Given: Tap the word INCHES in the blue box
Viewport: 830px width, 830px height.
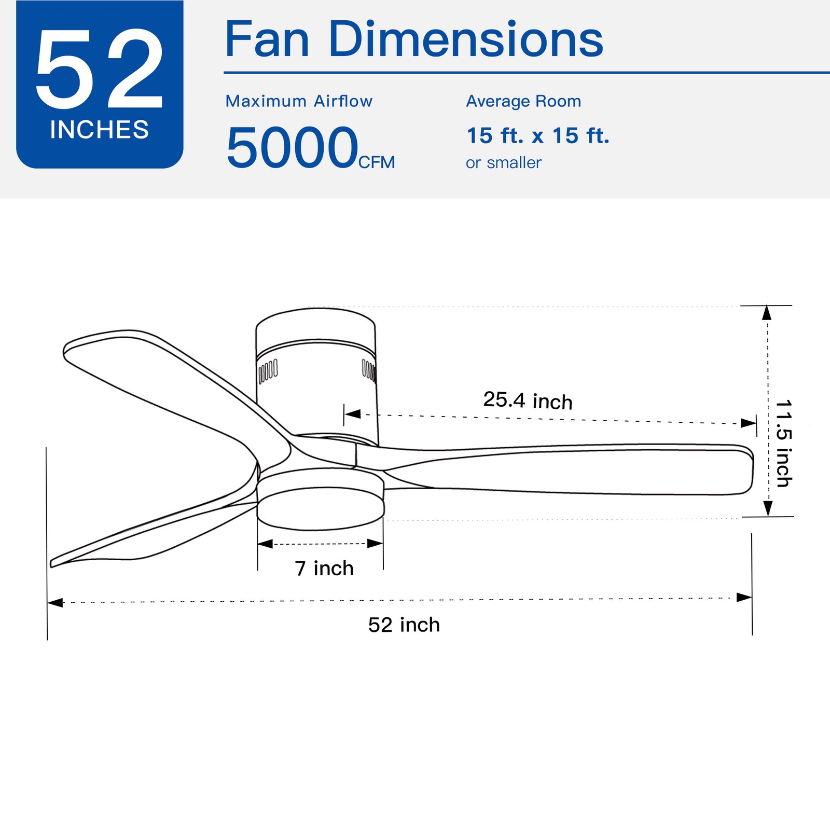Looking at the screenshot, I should (100, 130).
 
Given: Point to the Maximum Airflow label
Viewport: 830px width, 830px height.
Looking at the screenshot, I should (299, 101).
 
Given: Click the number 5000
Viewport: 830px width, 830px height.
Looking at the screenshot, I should (293, 148).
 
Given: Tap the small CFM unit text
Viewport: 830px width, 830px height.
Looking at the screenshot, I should (377, 162).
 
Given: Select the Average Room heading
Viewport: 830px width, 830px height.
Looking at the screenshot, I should (523, 101).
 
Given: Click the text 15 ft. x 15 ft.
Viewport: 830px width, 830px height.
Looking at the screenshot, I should (538, 136).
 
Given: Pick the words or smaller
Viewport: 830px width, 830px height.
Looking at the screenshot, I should (503, 163).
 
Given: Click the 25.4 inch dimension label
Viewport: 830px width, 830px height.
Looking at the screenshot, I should (528, 400).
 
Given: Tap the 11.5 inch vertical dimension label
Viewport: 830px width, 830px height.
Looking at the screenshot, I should (783, 444).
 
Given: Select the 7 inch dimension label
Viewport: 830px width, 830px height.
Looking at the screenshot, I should (324, 569).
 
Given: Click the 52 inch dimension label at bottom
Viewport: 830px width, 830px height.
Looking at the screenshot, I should (404, 625).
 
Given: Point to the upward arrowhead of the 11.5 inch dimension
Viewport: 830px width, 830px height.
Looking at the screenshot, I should (767, 313).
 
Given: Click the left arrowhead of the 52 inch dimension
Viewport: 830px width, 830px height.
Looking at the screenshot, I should (55, 602).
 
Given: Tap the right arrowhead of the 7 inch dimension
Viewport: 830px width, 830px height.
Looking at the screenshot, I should (375, 544).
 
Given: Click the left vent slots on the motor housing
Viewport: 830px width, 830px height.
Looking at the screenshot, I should (268, 371).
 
